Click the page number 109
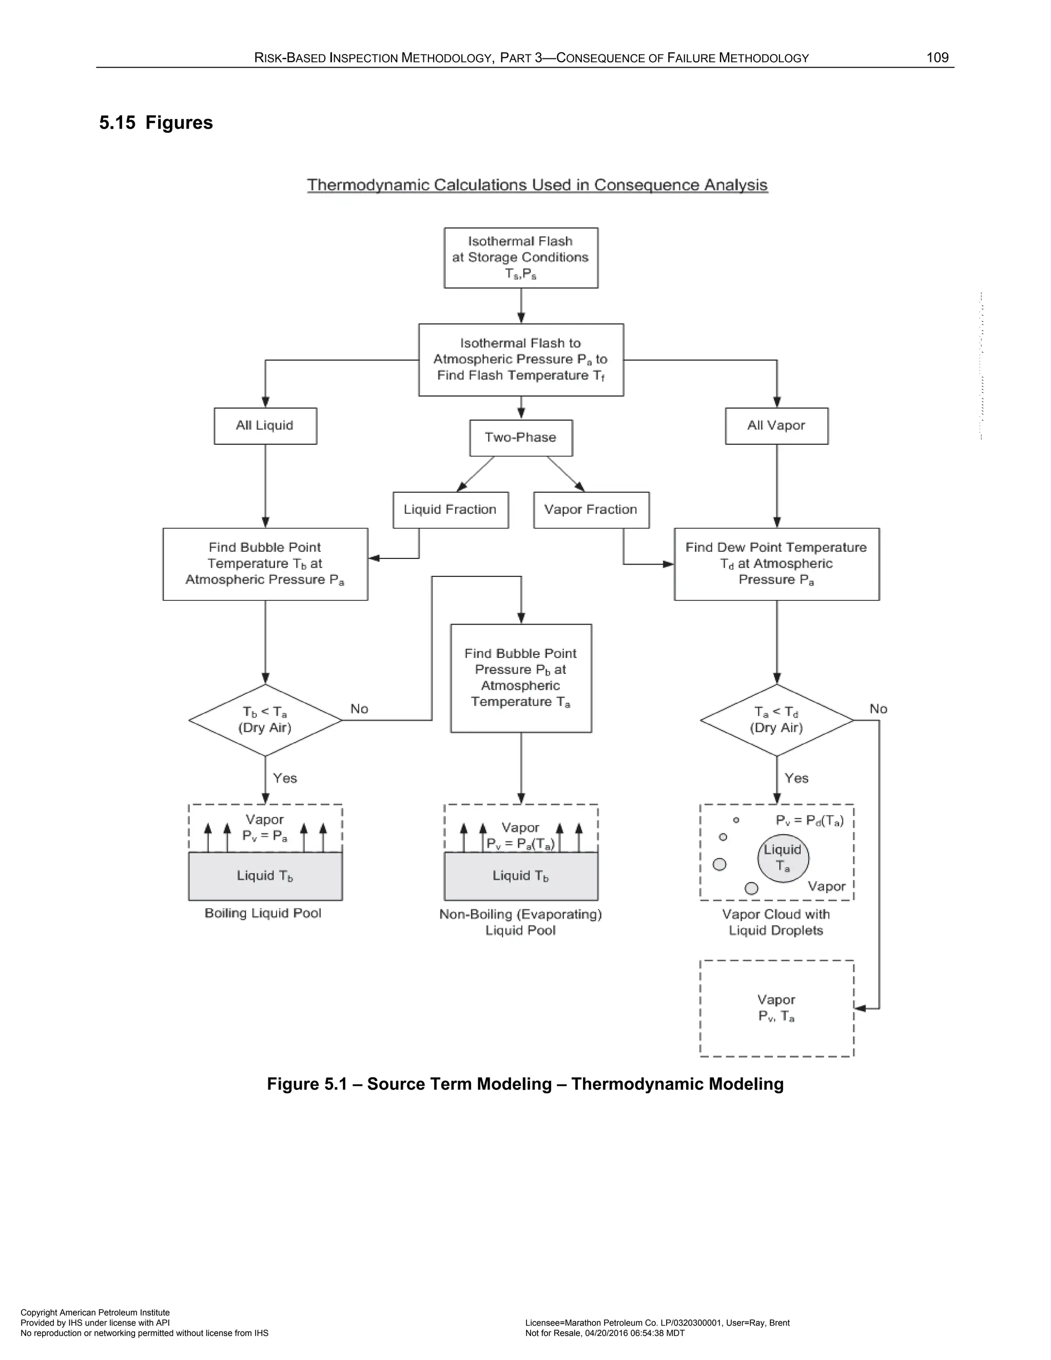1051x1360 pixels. click(937, 58)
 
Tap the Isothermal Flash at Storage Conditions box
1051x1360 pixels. click(520, 258)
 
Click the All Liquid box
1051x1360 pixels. click(265, 426)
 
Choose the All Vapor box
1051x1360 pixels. click(776, 426)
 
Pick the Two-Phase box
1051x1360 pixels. click(520, 438)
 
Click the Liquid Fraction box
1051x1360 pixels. click(450, 510)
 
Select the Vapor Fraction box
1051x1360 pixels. click(591, 510)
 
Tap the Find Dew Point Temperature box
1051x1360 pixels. click(776, 564)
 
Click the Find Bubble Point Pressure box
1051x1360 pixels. click(520, 678)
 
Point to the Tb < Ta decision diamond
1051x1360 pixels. click(265, 721)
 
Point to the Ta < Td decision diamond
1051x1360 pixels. click(776, 721)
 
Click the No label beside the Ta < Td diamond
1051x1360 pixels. click(878, 709)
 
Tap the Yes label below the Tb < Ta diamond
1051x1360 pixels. click(284, 779)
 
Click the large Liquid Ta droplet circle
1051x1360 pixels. click(783, 858)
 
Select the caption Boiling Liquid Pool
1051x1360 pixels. click(263, 914)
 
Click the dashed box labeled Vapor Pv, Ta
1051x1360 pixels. click(776, 1008)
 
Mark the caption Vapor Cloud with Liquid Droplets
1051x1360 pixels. click(776, 922)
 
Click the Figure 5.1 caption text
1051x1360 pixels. click(525, 1084)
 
